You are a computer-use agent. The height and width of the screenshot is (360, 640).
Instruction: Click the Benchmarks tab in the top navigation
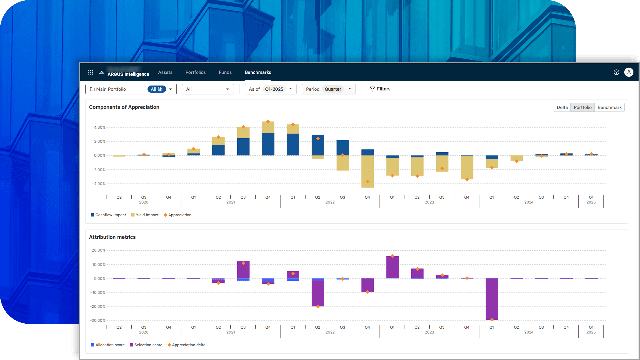258,72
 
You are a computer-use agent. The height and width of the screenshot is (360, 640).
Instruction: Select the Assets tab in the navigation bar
165,72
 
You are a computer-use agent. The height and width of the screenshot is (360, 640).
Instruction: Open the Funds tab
225,72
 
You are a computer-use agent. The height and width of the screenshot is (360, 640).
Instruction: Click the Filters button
380,89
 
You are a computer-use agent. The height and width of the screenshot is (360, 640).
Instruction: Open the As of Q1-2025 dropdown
270,89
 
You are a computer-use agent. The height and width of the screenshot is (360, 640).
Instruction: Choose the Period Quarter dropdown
328,89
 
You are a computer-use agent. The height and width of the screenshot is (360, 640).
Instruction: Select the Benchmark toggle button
609,107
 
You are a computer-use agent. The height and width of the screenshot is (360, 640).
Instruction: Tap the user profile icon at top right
628,72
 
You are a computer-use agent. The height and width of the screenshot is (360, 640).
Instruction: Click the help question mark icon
616,72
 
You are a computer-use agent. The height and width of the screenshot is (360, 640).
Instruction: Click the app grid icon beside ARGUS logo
90,72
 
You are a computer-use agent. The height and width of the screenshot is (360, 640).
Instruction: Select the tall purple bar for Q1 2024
492,299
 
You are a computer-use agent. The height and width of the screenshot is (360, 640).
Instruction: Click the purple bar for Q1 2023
392,267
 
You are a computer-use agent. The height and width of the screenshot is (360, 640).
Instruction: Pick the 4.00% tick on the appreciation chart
99,127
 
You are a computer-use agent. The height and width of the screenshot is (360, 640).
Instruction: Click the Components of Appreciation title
124,107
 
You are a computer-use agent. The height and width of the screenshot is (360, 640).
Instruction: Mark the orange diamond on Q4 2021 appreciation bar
268,122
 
